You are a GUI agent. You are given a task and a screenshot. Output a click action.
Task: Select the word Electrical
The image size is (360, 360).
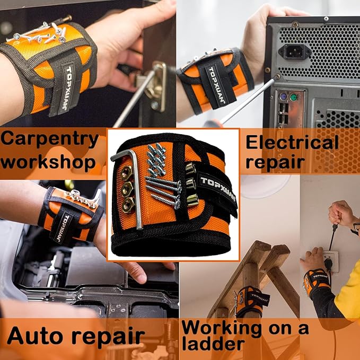point(292,142)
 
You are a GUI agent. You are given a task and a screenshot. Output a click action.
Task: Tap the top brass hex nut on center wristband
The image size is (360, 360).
point(127,173)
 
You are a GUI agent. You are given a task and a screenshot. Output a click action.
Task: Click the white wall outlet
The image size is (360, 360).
point(331,261)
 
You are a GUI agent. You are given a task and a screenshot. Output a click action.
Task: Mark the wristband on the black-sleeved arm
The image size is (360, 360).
point(317,282)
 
